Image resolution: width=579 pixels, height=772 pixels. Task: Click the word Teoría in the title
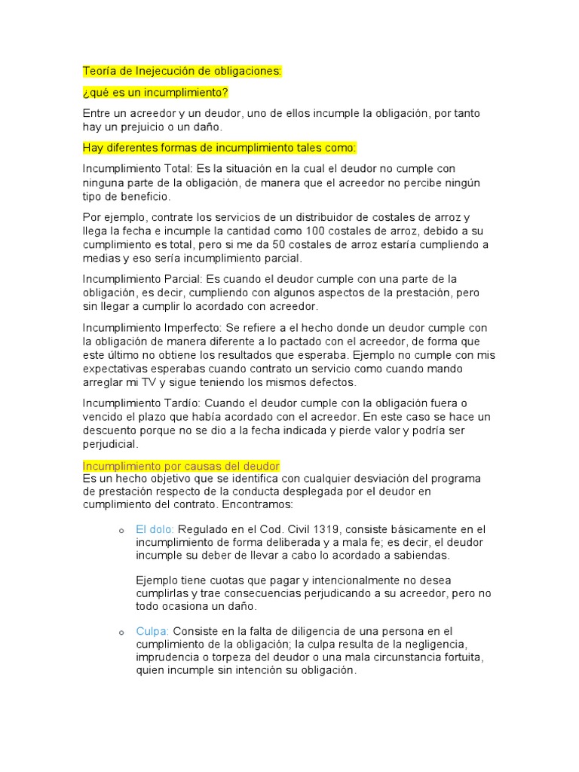(x=100, y=72)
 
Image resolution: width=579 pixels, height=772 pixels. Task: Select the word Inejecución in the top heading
(x=167, y=72)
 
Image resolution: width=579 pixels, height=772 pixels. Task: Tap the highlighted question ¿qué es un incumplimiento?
(x=155, y=93)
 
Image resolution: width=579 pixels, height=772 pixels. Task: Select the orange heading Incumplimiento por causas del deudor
(x=181, y=466)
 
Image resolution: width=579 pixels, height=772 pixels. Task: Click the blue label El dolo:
(x=155, y=529)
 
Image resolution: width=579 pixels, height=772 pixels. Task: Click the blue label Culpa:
(x=153, y=631)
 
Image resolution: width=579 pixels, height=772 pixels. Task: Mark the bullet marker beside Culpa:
(x=121, y=632)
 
